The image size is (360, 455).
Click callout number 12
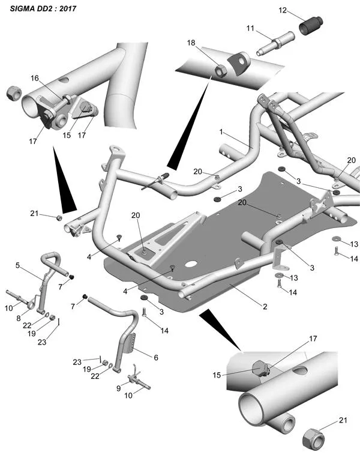coord(283,10)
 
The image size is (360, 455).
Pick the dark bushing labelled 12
coord(311,26)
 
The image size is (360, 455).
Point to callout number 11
coord(250,28)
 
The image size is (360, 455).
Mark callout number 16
coord(35,78)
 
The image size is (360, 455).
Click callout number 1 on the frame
coord(221,131)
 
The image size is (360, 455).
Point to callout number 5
coord(18,265)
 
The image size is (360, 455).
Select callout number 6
coord(156,357)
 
